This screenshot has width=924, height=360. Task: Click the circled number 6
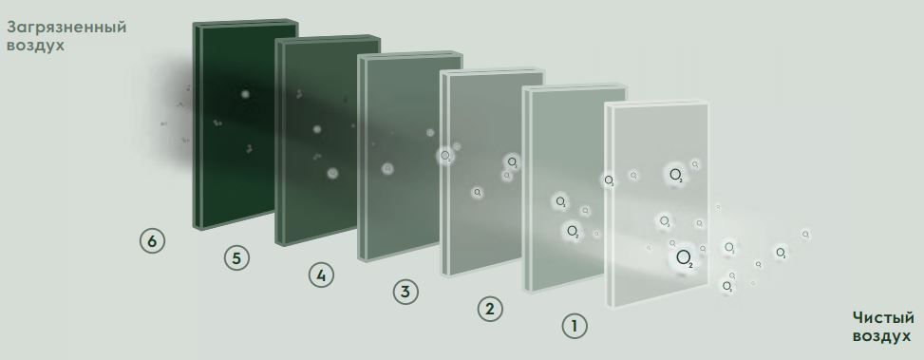pos(152,241)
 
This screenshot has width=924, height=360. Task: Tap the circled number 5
pos(236,258)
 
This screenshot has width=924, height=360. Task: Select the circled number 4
pos(321,275)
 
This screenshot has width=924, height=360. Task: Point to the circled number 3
pos(405,292)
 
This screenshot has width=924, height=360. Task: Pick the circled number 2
pos(490,309)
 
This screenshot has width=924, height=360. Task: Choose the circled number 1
pos(575,326)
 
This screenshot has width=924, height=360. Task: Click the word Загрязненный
pos(66,28)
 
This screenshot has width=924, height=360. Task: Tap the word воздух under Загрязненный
pos(35,46)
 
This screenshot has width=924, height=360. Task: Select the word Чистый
pos(883,318)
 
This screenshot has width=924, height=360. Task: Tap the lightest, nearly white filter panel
pos(656,204)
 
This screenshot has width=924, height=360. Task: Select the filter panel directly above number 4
pos(328,141)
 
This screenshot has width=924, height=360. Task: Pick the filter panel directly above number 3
pos(410,156)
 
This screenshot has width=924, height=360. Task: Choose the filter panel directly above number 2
pos(492,172)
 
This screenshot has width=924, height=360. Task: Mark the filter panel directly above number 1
pos(575,188)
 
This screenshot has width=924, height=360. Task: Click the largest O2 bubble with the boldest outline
pos(684,257)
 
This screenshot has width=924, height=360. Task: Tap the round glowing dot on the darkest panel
pos(245,94)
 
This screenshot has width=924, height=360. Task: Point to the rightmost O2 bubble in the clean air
pos(805,234)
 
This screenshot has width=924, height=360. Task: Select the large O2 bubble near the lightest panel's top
pos(675,175)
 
